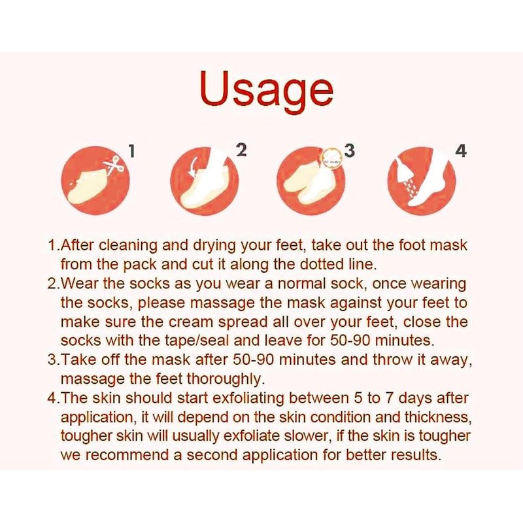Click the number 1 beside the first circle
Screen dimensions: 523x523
click(x=132, y=151)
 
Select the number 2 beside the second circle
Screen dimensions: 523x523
click(x=241, y=150)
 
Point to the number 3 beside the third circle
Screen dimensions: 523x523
click(x=349, y=150)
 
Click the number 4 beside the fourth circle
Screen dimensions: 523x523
click(x=461, y=151)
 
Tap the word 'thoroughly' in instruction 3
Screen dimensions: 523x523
click(x=224, y=380)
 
